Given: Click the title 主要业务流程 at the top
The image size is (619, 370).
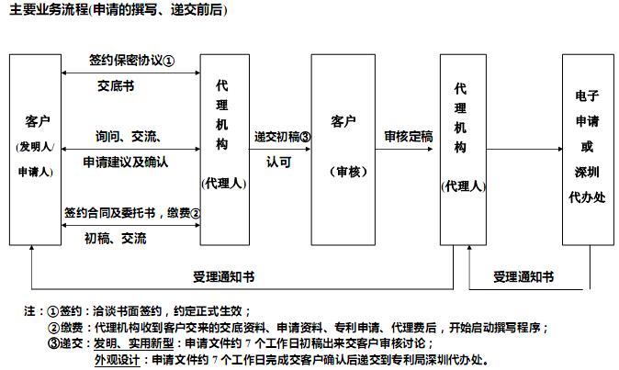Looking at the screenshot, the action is point(50,9).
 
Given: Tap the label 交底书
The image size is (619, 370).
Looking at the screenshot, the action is point(116,85).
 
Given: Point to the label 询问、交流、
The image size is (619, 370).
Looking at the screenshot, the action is point(129,137).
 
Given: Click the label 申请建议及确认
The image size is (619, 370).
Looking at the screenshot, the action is point(126,162).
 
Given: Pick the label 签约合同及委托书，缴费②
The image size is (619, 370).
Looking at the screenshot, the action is point(132,213).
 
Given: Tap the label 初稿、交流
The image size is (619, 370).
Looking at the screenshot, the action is point(116,239).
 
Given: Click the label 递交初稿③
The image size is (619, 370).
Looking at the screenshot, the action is point(282,137).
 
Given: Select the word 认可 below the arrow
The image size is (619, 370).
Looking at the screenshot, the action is point(278,162).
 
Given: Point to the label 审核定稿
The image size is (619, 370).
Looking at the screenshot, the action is point(409,137).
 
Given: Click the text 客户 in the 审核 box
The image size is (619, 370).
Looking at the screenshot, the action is point(343,121).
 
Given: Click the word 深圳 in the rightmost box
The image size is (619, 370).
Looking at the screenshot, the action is point(587,172).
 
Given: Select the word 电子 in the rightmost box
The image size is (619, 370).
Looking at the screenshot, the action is point(587,95).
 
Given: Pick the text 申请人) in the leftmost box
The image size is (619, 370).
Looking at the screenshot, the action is point(36,172).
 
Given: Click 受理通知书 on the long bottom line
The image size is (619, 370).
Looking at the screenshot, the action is point(223,276).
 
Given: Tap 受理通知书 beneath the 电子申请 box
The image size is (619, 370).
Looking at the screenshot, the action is point(523,276).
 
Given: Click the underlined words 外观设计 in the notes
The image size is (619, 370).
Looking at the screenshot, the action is point(118,360).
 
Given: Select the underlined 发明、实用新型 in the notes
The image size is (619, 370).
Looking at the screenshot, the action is point(133,343).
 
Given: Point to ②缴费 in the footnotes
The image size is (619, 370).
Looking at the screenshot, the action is point(65,328).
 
